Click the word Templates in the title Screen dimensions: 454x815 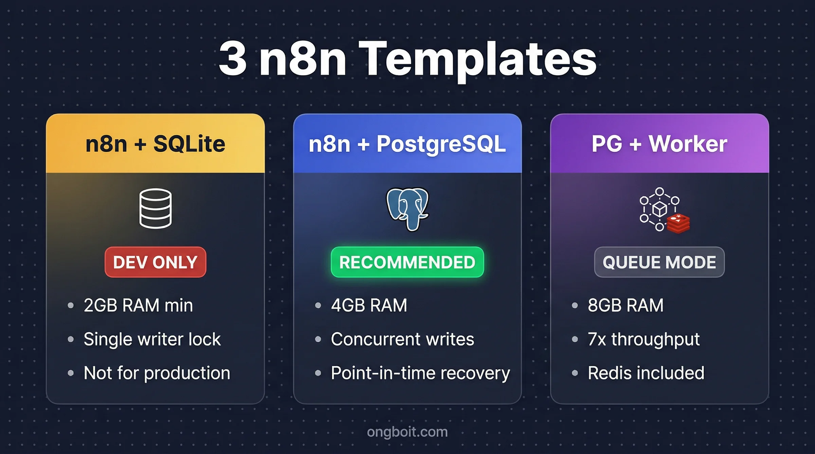477,59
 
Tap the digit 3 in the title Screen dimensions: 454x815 233,58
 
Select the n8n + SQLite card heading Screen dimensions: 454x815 155,144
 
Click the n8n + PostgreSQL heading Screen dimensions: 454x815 407,144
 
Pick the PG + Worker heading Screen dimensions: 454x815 659,144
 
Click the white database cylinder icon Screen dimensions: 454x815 156,209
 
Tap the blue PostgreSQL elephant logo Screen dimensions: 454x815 407,209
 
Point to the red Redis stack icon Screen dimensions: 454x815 678,224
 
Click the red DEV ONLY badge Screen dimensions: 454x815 155,262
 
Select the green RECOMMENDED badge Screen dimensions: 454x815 407,262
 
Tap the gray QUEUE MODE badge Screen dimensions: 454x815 659,262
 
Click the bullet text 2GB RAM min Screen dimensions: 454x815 138,305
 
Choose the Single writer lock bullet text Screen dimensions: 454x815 152,339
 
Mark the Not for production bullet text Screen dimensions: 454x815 157,373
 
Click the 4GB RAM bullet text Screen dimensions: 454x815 369,305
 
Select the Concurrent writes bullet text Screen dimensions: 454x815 402,339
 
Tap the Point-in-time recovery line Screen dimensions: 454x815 420,373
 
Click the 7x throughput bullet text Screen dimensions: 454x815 644,339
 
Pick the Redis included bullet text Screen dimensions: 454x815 646,373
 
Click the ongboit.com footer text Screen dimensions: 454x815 407,432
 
